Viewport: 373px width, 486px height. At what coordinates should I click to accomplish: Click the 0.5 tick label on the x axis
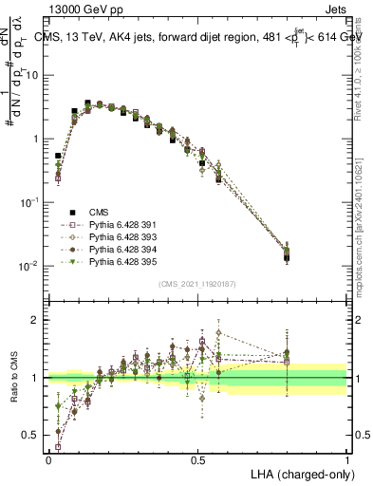197,458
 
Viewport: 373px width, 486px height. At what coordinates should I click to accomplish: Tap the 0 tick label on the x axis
48,458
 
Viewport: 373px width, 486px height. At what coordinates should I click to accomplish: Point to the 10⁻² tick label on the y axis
28,266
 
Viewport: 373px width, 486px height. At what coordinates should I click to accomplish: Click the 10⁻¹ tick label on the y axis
28,202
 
